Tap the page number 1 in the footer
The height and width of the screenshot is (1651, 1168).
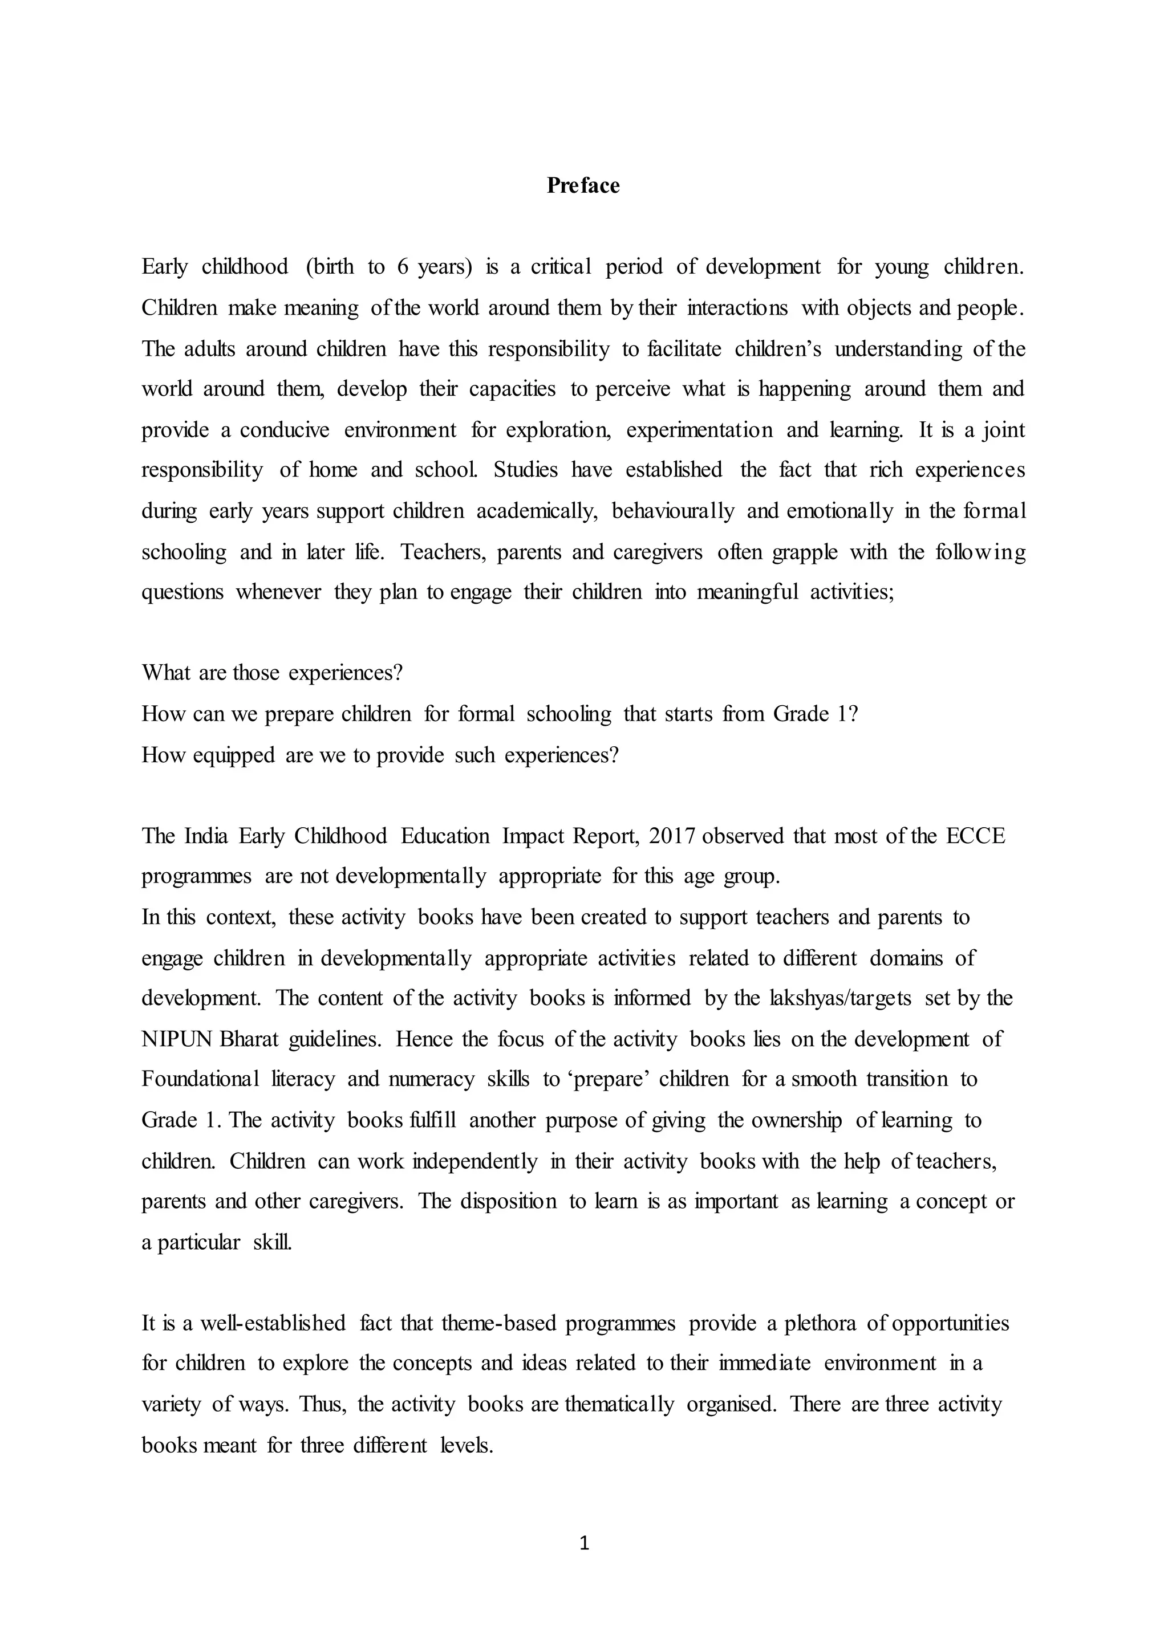(x=584, y=1543)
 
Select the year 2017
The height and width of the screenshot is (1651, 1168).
(x=672, y=836)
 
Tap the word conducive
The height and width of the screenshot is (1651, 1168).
(x=284, y=430)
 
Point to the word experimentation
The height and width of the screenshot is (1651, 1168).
(x=699, y=430)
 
